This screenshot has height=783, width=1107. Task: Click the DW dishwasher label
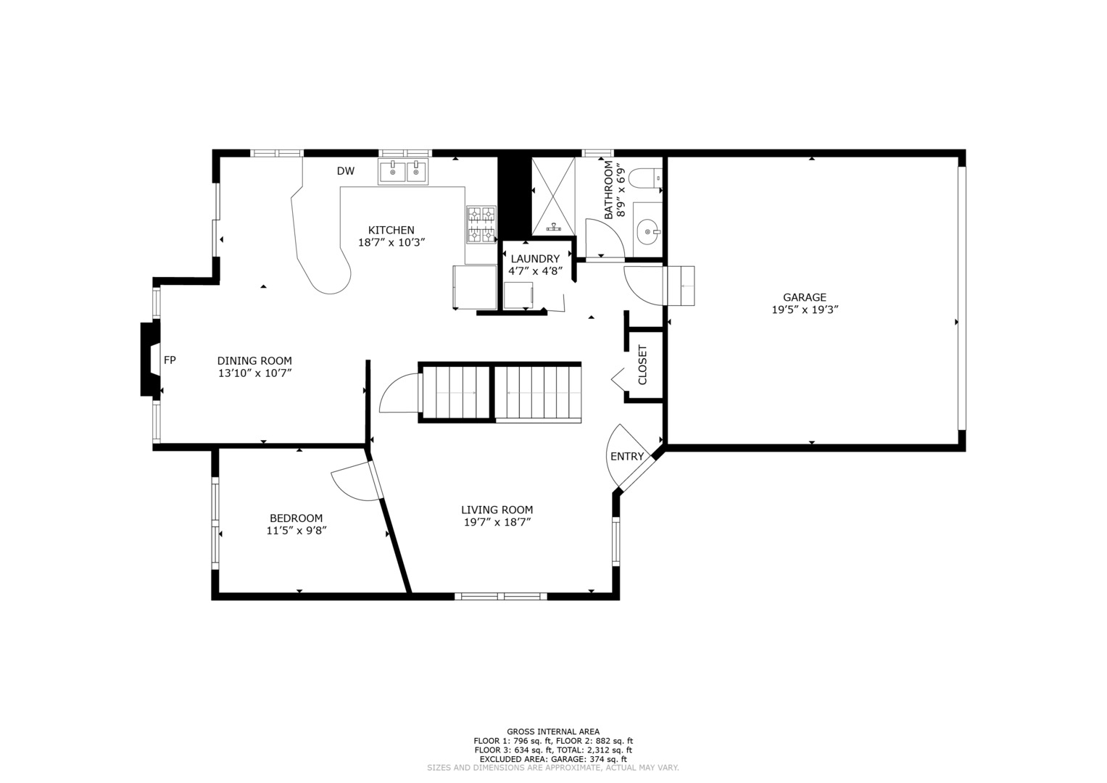point(346,171)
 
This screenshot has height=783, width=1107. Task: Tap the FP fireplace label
point(170,360)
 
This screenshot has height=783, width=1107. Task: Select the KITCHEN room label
point(391,230)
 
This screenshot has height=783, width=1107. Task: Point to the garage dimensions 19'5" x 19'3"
point(805,310)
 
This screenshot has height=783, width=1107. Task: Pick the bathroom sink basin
point(648,231)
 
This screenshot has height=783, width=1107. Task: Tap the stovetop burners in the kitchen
point(481,225)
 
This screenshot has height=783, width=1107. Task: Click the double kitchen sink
point(404,171)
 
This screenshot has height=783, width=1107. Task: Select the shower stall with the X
point(554,196)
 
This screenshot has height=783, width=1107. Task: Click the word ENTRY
point(627,456)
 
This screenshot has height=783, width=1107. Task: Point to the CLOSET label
point(642,365)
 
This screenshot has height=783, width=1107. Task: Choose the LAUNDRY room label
point(535,259)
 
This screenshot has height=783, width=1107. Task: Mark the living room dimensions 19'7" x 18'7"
point(497,523)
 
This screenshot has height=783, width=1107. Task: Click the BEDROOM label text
point(296,518)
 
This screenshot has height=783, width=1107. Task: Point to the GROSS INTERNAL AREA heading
point(553,731)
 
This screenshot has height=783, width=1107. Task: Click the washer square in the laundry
point(518,296)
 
